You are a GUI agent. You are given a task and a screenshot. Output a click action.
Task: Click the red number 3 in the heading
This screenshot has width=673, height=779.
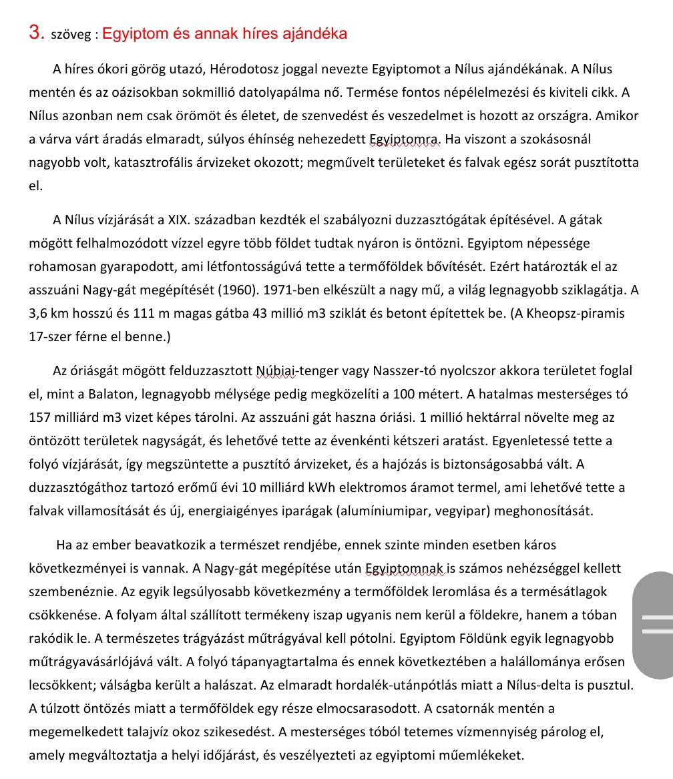pyautogui.click(x=37, y=33)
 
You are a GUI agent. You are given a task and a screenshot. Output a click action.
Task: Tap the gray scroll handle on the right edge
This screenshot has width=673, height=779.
pyautogui.click(x=654, y=625)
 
